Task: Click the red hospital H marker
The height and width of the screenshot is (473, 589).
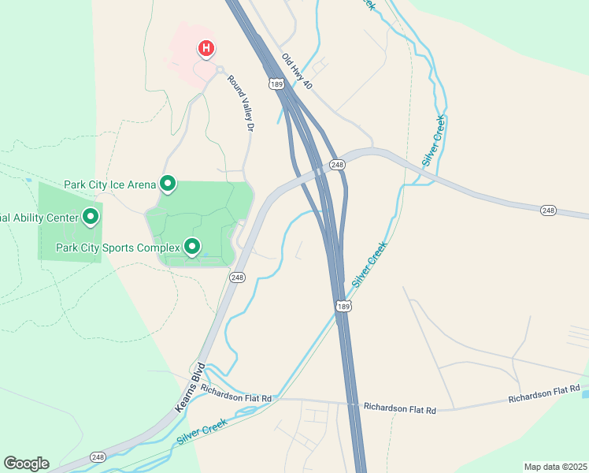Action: click(206, 49)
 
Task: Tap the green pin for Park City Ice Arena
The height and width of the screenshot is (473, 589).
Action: click(168, 184)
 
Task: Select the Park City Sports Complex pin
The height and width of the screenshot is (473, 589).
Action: click(191, 248)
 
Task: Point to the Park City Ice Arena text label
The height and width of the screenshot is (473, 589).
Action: click(110, 185)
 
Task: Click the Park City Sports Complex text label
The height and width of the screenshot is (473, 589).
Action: click(118, 248)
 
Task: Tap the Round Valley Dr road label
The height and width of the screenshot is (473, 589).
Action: click(243, 102)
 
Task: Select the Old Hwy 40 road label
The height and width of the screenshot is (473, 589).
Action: click(298, 71)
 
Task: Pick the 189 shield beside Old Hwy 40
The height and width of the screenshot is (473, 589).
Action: click(276, 84)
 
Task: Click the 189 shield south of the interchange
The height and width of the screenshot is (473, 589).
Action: click(342, 305)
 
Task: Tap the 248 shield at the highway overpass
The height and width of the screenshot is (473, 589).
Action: click(338, 164)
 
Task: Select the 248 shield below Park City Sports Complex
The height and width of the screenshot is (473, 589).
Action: click(237, 277)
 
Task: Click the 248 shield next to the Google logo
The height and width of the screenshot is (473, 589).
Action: click(98, 457)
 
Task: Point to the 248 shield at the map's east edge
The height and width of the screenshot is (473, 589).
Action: click(549, 210)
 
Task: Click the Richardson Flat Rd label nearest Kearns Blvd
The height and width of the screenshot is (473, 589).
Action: click(235, 393)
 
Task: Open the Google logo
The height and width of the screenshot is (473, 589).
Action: click(26, 463)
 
